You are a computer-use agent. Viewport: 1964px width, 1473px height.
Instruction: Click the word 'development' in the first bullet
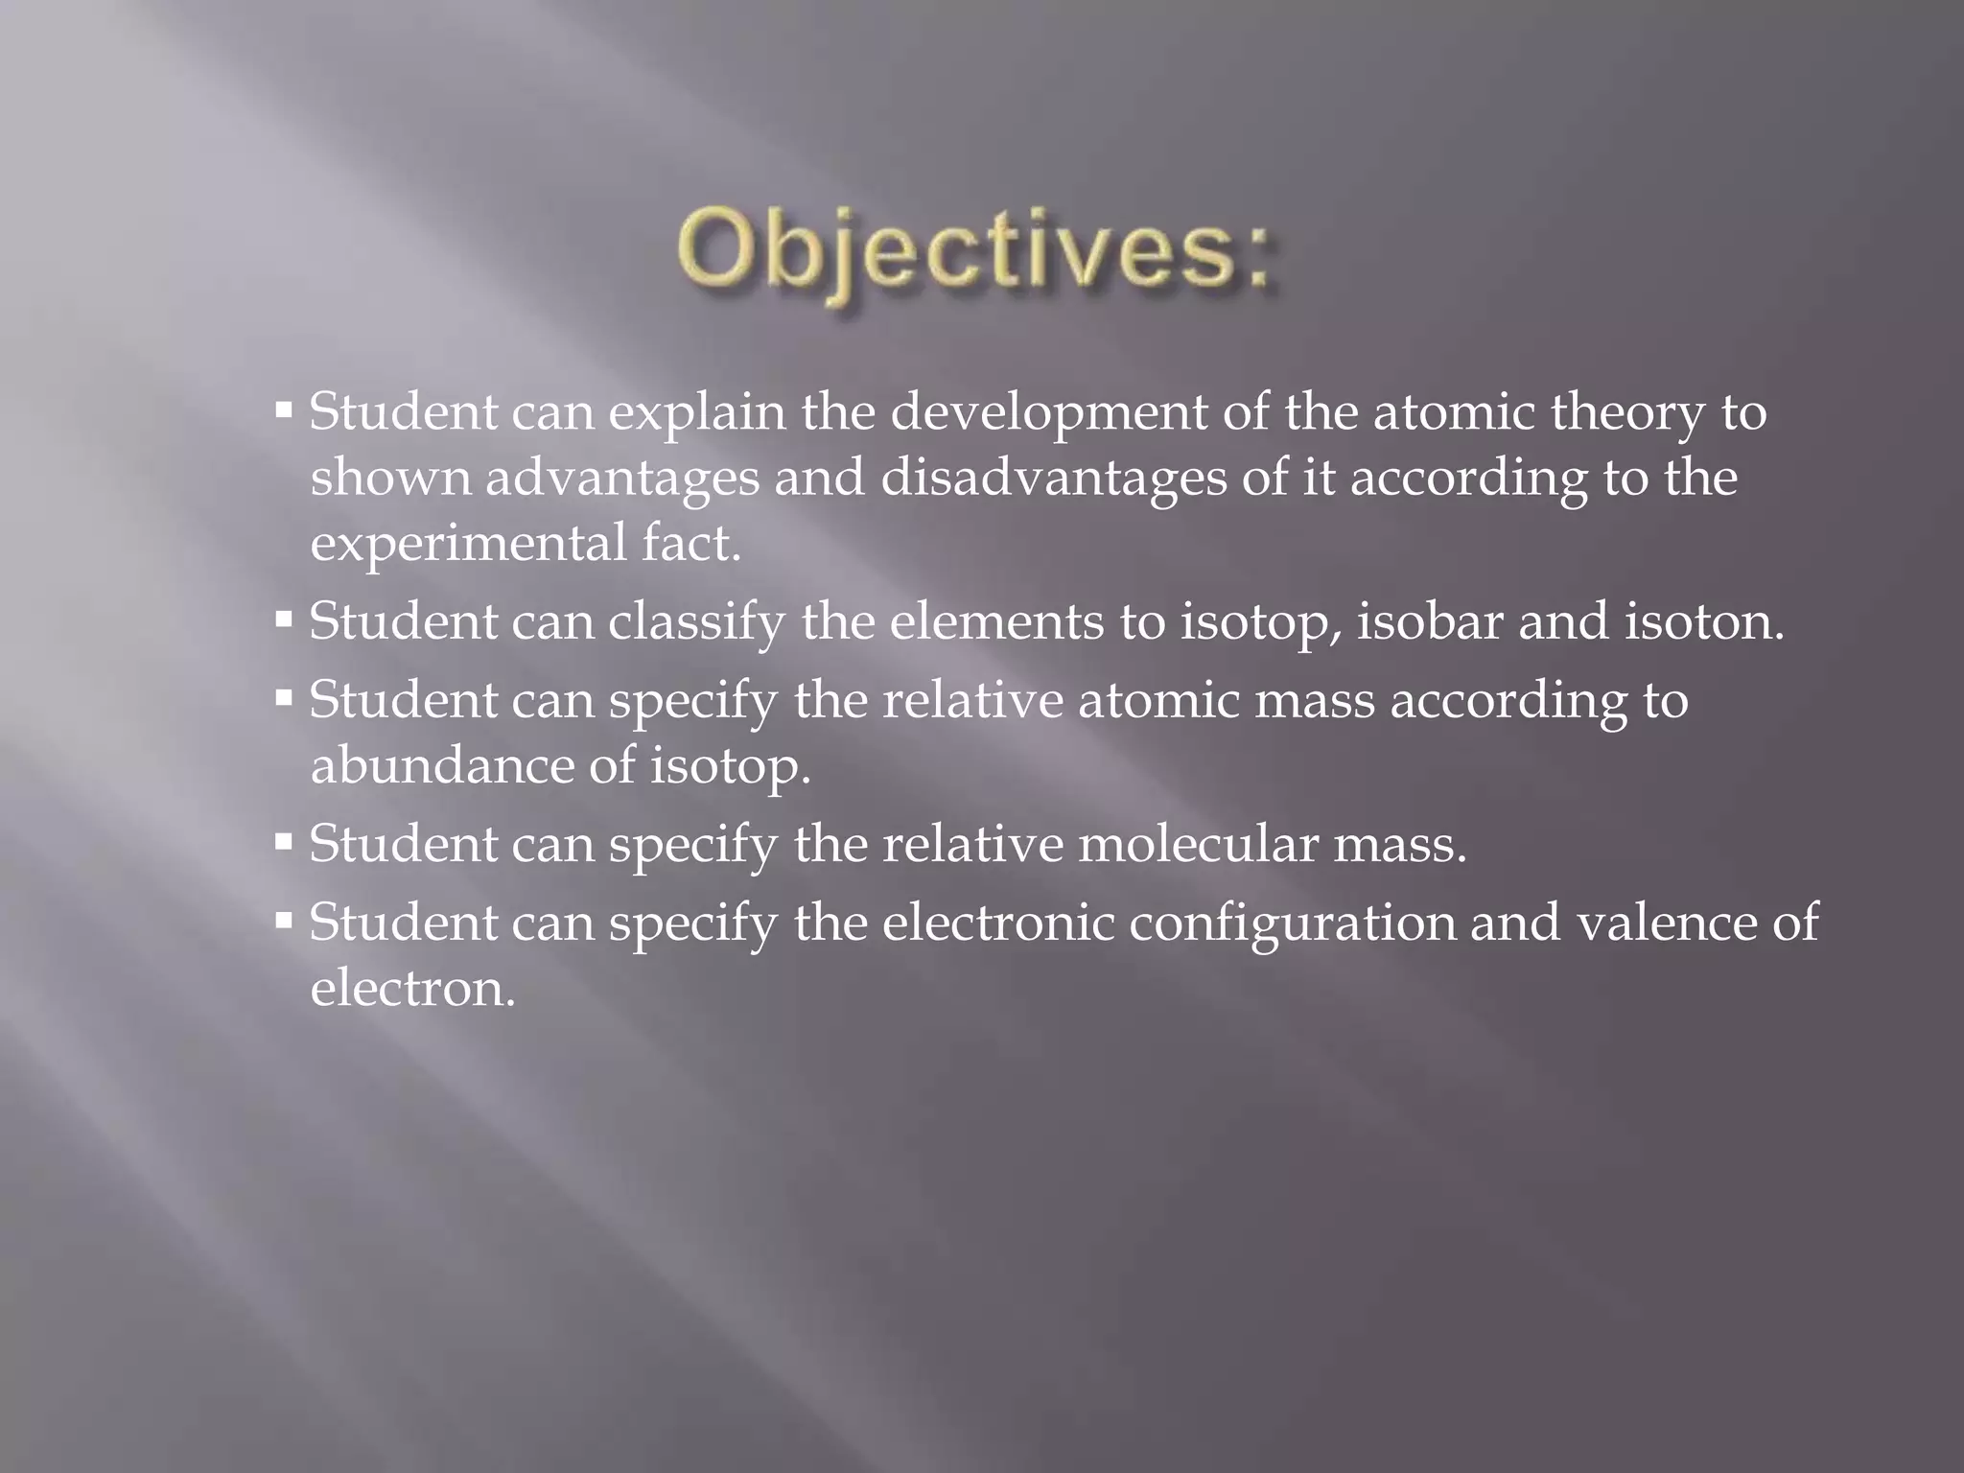pos(1049,413)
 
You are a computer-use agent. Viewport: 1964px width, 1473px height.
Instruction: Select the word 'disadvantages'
pos(1053,479)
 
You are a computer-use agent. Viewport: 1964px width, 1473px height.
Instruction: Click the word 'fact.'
pos(691,543)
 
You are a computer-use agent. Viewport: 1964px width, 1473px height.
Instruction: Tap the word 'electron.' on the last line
pos(413,989)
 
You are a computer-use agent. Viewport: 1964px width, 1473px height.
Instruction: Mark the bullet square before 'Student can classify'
pos(283,620)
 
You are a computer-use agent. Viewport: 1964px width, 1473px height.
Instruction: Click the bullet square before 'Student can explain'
pos(283,410)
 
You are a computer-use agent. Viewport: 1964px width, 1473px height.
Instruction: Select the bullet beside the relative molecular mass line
pos(283,842)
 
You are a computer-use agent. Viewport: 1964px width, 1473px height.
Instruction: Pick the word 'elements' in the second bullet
pos(996,621)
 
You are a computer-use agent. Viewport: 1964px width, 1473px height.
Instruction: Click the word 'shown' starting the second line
pos(390,479)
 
